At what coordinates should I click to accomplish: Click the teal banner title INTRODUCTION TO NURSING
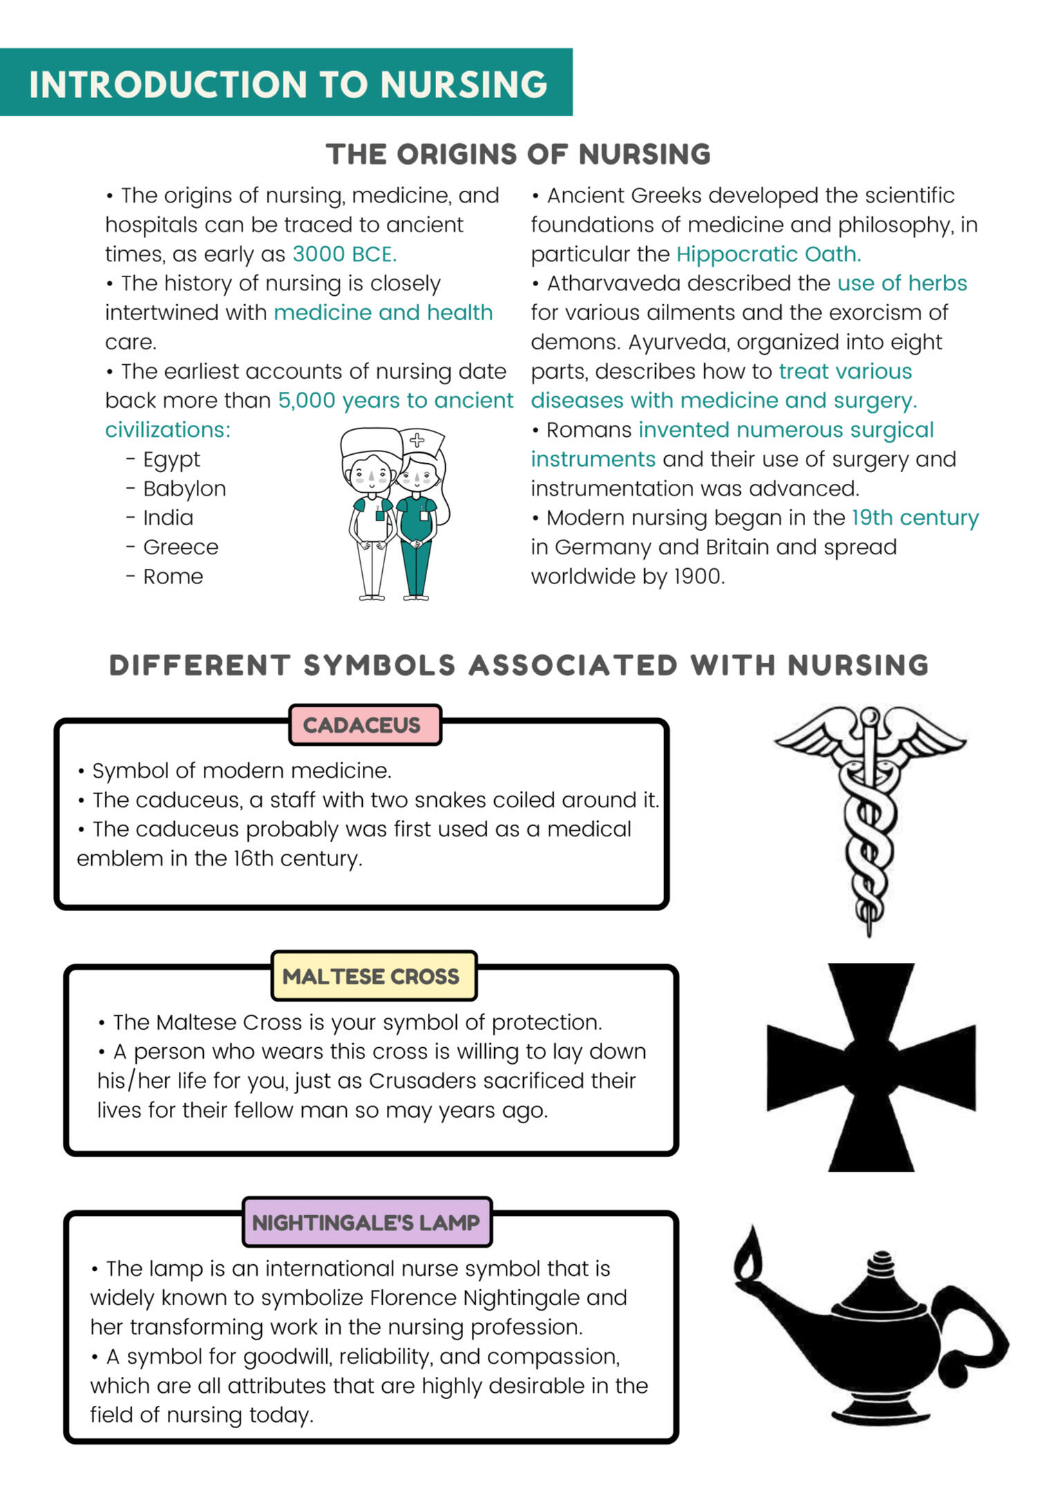pyautogui.click(x=287, y=84)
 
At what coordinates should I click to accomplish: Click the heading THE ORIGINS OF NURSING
pyautogui.click(x=518, y=154)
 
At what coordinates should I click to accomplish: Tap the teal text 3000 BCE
pyautogui.click(x=344, y=254)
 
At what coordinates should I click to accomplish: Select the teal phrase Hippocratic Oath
pyautogui.click(x=768, y=254)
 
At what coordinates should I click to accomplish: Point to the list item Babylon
pyautogui.click(x=184, y=489)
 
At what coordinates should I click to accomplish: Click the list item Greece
pyautogui.click(x=180, y=547)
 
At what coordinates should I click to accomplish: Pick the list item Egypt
pyautogui.click(x=171, y=460)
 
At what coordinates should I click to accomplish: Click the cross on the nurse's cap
pyautogui.click(x=417, y=439)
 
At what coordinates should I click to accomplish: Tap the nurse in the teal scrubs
pyautogui.click(x=417, y=518)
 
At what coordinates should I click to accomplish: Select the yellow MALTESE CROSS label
pyautogui.click(x=371, y=976)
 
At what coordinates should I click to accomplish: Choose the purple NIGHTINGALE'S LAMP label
pyautogui.click(x=366, y=1222)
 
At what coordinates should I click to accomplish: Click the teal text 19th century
pyautogui.click(x=914, y=518)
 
